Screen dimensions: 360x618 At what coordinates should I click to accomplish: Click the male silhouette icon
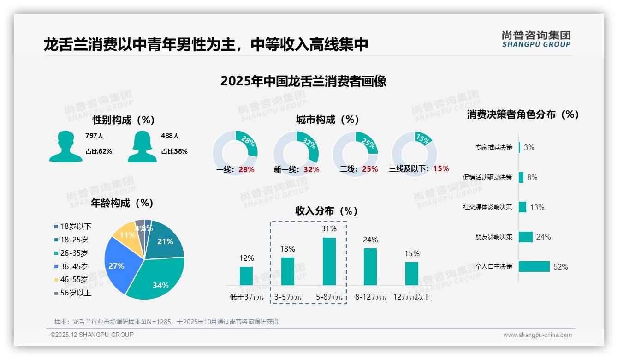(65, 147)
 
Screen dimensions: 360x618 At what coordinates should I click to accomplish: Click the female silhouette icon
(142, 147)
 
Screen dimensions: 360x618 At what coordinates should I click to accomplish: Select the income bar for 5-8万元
(329, 261)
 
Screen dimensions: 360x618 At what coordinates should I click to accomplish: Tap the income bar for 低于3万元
(246, 276)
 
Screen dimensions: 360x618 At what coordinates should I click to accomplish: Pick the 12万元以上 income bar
(412, 274)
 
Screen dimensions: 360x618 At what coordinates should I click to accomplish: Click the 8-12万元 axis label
(370, 297)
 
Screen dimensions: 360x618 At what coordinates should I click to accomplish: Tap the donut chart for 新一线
(296, 153)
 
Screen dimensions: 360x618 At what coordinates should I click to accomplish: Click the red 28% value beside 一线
(247, 169)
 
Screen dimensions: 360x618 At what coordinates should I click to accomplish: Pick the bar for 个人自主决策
(534, 266)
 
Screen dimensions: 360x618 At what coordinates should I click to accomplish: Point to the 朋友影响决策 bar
(526, 237)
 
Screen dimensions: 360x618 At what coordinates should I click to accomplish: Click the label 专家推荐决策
(493, 147)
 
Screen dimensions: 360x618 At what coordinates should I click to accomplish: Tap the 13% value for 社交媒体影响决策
(537, 207)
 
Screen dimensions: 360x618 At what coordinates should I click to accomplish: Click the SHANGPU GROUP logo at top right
(536, 39)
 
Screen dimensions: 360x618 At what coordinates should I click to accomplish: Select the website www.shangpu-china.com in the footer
(537, 335)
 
